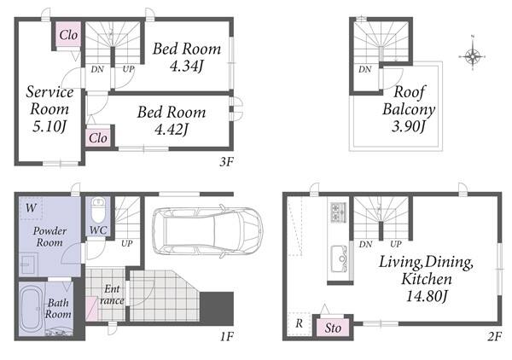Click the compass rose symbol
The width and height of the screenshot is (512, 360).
(473, 56)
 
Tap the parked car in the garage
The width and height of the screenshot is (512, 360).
(207, 230)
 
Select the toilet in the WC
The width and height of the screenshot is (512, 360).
(98, 210)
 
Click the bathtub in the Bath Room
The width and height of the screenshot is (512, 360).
(32, 309)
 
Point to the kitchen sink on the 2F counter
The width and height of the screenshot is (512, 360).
(339, 258)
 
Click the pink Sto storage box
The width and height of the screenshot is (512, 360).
(333, 328)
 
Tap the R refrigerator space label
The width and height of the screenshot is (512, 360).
(300, 324)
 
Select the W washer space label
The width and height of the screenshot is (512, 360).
(31, 207)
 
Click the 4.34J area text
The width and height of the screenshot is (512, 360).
(186, 67)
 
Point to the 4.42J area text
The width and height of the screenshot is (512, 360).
(172, 130)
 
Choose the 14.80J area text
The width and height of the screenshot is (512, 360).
(427, 296)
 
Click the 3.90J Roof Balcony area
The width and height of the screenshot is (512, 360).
(409, 126)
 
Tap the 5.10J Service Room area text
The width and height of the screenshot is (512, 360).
(49, 126)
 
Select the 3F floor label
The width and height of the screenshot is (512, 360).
(227, 161)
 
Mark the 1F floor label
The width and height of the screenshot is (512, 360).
(227, 336)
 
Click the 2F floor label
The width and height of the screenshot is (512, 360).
(494, 336)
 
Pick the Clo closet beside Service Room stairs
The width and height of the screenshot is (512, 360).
(68, 35)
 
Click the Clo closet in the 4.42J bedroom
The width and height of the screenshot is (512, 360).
(98, 137)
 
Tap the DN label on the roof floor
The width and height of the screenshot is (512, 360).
(364, 69)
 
